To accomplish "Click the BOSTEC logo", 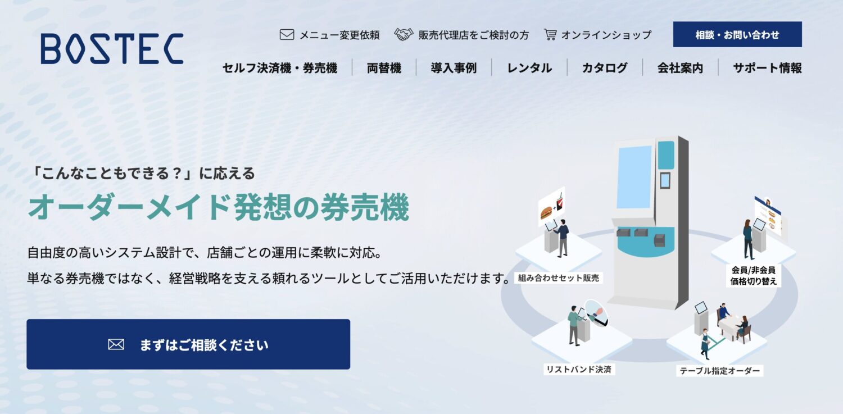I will pos(112,48).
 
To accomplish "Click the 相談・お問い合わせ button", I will pos(737,34).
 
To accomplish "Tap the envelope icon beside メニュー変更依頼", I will pos(287,35).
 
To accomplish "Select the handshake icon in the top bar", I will pos(404,35).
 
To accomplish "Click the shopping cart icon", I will pos(550,35).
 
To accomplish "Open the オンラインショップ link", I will pos(606,35).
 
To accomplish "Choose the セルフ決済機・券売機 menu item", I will pos(280,68).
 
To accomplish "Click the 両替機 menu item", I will pos(384,68).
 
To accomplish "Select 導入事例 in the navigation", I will pos(454,68).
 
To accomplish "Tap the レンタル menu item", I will pos(529,68).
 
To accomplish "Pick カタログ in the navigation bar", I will pos(605,68).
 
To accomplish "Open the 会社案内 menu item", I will pos(680,68).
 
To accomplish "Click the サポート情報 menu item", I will pos(767,68).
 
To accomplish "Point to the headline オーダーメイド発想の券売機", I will pos(219,208).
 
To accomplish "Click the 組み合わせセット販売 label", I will pos(559,277).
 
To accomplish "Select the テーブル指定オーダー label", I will pos(719,371).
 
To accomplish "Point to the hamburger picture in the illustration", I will pos(546,213).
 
